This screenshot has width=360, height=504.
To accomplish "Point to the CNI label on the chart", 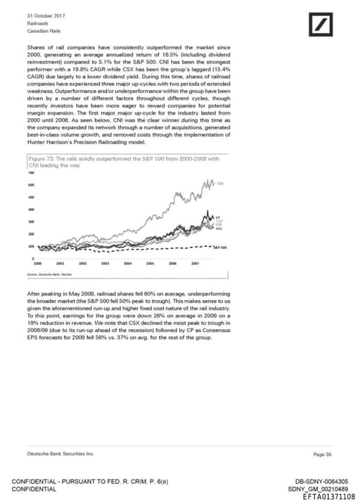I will [x=221, y=183].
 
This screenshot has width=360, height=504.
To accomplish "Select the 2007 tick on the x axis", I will [x=194, y=262].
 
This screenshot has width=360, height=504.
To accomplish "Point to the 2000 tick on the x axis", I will [x=37, y=262].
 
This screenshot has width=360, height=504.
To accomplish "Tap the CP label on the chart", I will [x=218, y=218].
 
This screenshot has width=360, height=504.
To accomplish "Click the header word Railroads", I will [x=38, y=23].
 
